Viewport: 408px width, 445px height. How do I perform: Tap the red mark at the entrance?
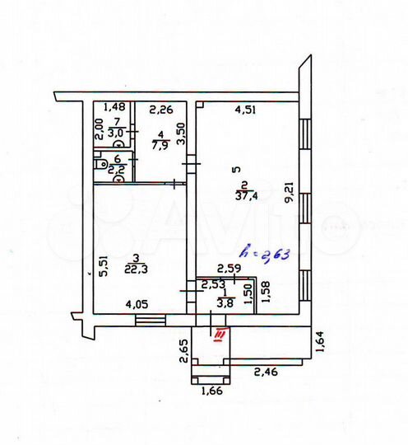tap(220, 333)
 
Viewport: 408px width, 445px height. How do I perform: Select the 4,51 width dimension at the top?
tap(246, 106)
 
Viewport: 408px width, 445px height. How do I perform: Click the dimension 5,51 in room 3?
tap(103, 267)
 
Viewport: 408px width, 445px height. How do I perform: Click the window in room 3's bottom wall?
tap(150, 320)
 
